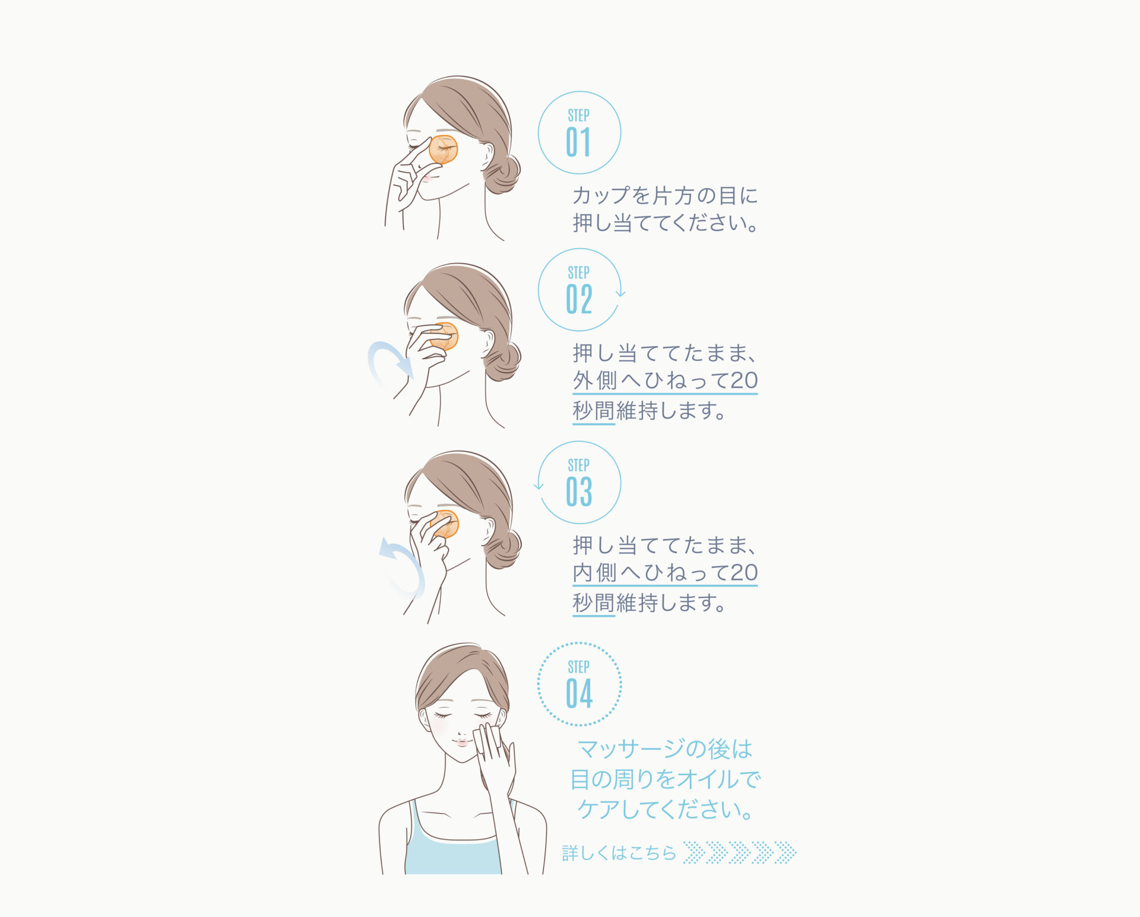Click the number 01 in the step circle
tap(578, 142)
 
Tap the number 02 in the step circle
tap(579, 299)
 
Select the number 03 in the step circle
tap(579, 491)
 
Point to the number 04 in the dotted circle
tap(579, 693)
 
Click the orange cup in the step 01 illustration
tap(444, 150)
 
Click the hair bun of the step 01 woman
tap(502, 173)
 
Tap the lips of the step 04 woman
tap(462, 743)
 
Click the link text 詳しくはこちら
tap(619, 853)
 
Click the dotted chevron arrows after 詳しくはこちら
tap(740, 852)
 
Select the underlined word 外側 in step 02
tap(595, 380)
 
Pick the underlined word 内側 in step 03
tap(595, 573)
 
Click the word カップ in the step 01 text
tap(601, 195)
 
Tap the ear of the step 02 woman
tap(488, 342)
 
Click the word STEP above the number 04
tap(578, 667)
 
